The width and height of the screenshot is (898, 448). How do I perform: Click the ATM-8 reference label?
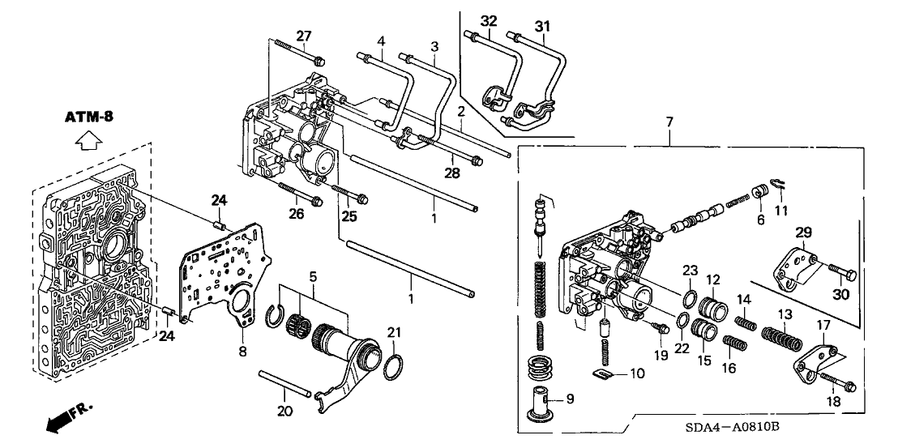point(89,117)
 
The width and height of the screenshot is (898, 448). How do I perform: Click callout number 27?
point(303,36)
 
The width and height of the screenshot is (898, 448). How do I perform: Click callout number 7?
point(669,122)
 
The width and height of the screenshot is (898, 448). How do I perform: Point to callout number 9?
point(569,399)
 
